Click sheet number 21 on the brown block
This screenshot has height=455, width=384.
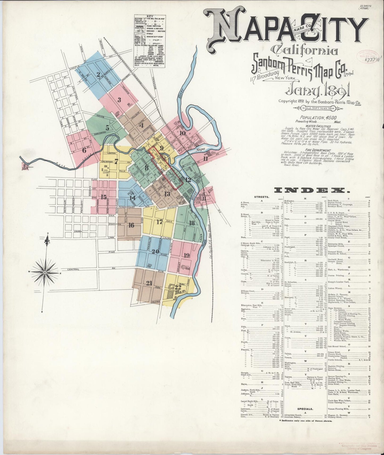pos(149,283)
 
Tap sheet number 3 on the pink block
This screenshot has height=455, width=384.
pos(119,100)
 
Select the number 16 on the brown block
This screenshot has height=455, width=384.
pos(131,225)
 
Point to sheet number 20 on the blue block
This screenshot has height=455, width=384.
pos(155,251)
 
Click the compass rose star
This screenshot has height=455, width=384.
pos(45,272)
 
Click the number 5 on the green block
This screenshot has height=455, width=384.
pos(107,128)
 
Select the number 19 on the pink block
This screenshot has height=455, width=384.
pos(187,255)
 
